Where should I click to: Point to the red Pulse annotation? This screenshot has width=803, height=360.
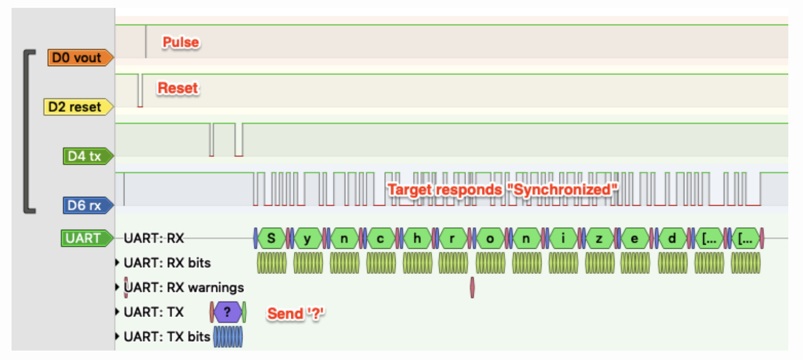[x=181, y=43]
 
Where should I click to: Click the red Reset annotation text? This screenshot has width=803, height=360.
[x=178, y=88]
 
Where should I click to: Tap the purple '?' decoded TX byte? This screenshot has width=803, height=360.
[x=227, y=312]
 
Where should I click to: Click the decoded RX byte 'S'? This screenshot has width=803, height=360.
[x=271, y=238]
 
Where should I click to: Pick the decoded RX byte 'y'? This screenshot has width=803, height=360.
[x=308, y=238]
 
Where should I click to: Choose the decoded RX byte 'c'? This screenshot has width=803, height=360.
[x=381, y=238]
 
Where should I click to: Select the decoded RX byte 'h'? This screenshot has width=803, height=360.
[x=417, y=238]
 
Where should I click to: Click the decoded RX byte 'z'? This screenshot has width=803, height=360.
[x=599, y=238]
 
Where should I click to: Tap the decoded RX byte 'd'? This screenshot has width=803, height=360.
[x=672, y=238]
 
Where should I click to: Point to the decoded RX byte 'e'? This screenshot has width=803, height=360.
[x=635, y=238]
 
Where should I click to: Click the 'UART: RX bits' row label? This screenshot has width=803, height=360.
[x=167, y=262]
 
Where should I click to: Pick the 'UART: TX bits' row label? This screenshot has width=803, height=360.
[x=167, y=337]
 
